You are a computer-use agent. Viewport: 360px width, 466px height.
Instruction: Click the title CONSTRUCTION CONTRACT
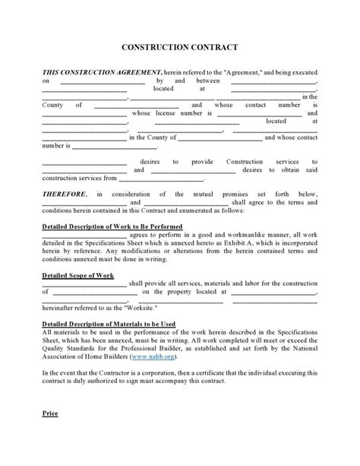[x=180, y=47]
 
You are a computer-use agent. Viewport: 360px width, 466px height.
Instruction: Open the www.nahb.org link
[x=150, y=356]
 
